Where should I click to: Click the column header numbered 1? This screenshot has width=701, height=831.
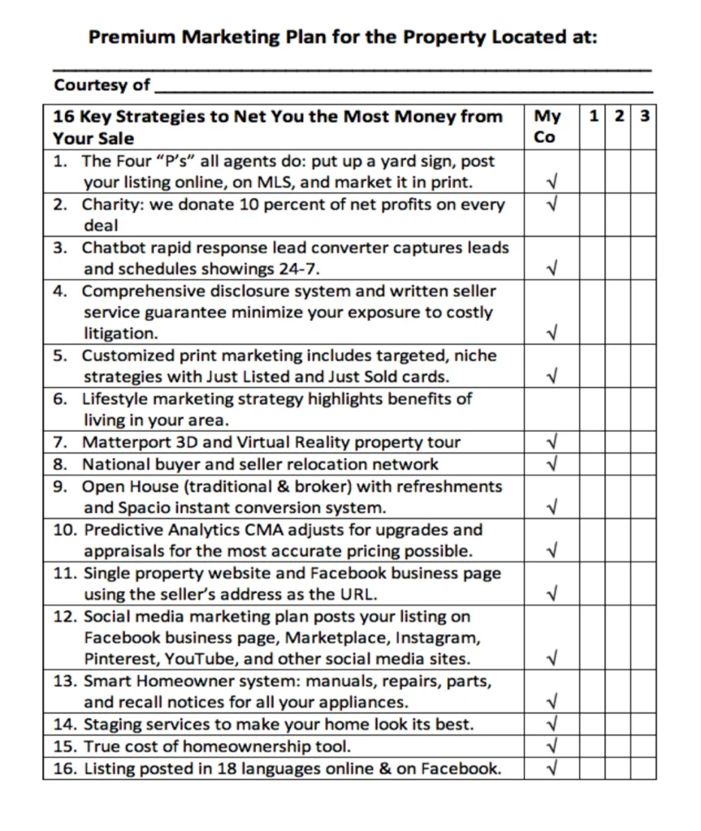pos(594,116)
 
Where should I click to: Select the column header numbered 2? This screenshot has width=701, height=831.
pos(619,116)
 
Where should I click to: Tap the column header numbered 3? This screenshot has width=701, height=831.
pos(643,116)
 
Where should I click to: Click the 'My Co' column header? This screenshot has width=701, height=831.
pos(547,127)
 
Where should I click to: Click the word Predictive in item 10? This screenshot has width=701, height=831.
pos(121,530)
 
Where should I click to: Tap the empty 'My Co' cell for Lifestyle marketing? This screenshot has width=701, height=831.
pos(552,410)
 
